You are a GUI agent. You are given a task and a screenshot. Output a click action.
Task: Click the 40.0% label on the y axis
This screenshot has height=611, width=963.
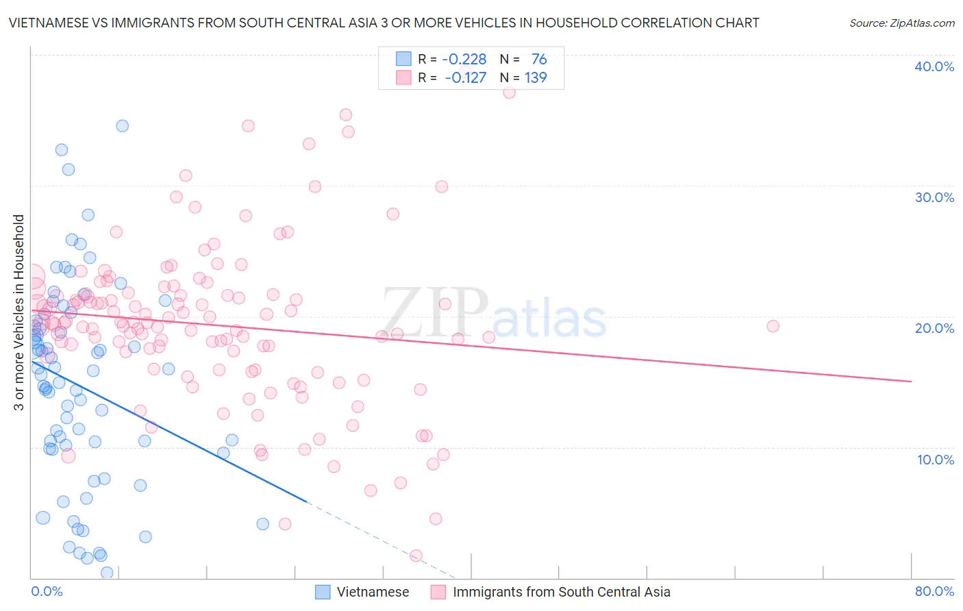934,66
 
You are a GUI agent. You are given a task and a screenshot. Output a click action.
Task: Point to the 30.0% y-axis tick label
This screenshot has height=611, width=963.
934,197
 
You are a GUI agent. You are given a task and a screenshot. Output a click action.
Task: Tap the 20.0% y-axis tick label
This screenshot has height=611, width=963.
934,328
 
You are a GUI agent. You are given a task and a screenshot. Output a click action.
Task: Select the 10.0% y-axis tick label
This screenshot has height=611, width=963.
936,460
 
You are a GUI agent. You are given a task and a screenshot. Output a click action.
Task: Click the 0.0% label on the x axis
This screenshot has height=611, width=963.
47,591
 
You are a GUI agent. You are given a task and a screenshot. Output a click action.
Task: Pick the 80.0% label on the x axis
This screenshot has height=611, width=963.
934,591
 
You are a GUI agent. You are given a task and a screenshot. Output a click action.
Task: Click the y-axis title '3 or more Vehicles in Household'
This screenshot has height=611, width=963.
19,312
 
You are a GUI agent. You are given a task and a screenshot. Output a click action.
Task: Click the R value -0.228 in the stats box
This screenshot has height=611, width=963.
464,60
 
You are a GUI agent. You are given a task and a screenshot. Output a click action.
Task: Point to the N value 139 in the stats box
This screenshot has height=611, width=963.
536,77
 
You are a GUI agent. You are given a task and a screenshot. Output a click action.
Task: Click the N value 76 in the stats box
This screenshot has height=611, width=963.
539,60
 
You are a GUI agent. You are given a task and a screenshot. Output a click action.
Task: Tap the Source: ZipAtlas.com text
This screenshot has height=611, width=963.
901,23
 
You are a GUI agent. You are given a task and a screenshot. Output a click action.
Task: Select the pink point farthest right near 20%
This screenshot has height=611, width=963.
773,326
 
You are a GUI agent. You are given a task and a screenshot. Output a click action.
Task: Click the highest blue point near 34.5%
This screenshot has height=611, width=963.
122,125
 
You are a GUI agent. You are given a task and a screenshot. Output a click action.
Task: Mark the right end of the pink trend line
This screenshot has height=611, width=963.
911,381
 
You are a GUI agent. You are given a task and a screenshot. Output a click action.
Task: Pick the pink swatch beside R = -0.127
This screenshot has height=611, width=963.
403,77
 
